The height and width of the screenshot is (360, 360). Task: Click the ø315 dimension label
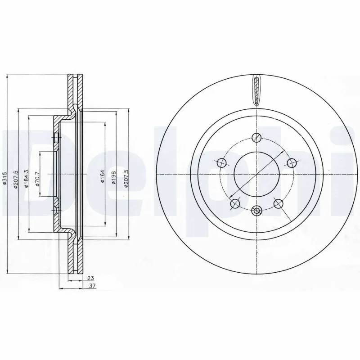pyautogui.click(x=5, y=178)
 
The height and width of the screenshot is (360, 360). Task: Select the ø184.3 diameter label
pyautogui.click(x=27, y=179)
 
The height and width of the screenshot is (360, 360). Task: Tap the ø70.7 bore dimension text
pyautogui.click(x=37, y=178)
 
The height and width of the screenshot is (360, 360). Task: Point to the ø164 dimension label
pyautogui.click(x=103, y=176)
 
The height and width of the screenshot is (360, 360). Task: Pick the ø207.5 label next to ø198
pyautogui.click(x=126, y=178)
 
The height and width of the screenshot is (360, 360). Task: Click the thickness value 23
pyautogui.click(x=91, y=278)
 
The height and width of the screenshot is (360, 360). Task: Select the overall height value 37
pyautogui.click(x=92, y=286)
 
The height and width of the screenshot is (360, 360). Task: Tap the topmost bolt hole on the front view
pyautogui.click(x=256, y=138)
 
